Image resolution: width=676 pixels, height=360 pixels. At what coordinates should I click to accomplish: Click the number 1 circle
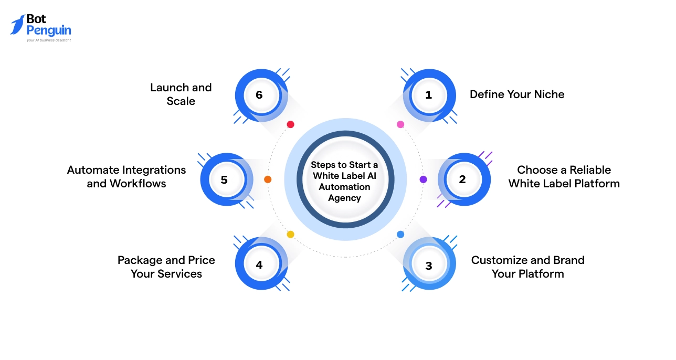coord(429,95)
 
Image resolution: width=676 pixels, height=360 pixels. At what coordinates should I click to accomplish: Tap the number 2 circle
coord(462,179)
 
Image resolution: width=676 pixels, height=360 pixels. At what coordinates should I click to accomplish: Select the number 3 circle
coord(429,265)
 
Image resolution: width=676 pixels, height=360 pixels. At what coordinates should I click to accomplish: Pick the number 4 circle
coord(259,265)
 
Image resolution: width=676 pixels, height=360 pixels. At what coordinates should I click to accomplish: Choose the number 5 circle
coord(225,179)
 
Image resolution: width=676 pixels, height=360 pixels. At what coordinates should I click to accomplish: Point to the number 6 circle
coord(259,95)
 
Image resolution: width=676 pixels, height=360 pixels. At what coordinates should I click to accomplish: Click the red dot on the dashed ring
coord(290,124)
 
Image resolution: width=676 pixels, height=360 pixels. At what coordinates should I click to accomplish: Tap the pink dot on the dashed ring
coord(400,124)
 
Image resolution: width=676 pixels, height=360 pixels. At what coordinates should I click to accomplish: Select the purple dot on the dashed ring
coord(423,179)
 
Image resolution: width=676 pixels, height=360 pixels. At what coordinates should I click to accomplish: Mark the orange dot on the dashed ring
coord(268,179)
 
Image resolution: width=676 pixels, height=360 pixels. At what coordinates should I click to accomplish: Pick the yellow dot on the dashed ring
coord(290,234)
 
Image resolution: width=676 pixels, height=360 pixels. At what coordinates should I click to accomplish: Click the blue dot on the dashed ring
coord(400,234)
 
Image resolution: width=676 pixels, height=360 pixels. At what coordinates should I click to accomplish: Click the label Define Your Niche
coord(517,94)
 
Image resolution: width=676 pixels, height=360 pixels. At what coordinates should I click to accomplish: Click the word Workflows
coord(138,184)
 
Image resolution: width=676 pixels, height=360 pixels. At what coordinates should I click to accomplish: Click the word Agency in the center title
coord(345,198)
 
